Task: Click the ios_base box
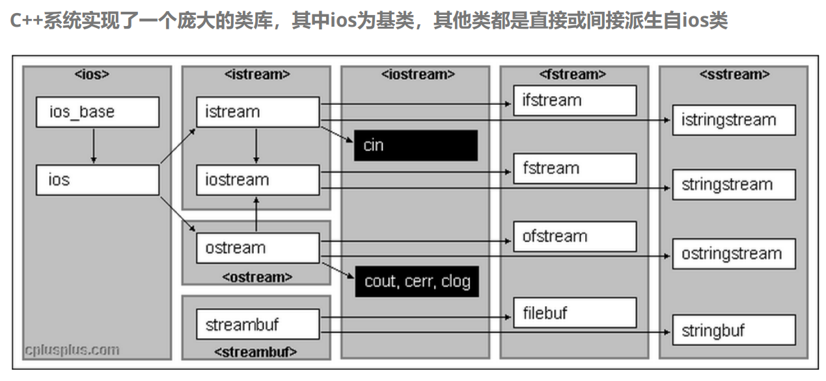tap(97, 112)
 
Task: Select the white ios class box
tap(97, 180)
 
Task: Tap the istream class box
tap(257, 112)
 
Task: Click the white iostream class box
tap(257, 180)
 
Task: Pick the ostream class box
tap(257, 248)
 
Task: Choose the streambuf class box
tap(257, 324)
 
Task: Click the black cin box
tap(415, 145)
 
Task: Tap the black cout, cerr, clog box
tap(417, 281)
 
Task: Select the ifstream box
tap(574, 100)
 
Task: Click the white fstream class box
tap(574, 168)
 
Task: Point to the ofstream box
tap(574, 236)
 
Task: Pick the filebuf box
tap(574, 313)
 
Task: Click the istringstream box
tap(734, 120)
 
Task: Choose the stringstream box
tap(734, 184)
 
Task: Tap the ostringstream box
tap(734, 253)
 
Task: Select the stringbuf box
tap(734, 330)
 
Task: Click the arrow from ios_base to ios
tap(94, 146)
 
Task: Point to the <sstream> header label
tap(734, 74)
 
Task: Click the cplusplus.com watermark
tap(72, 350)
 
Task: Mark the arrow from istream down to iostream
tap(256, 146)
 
